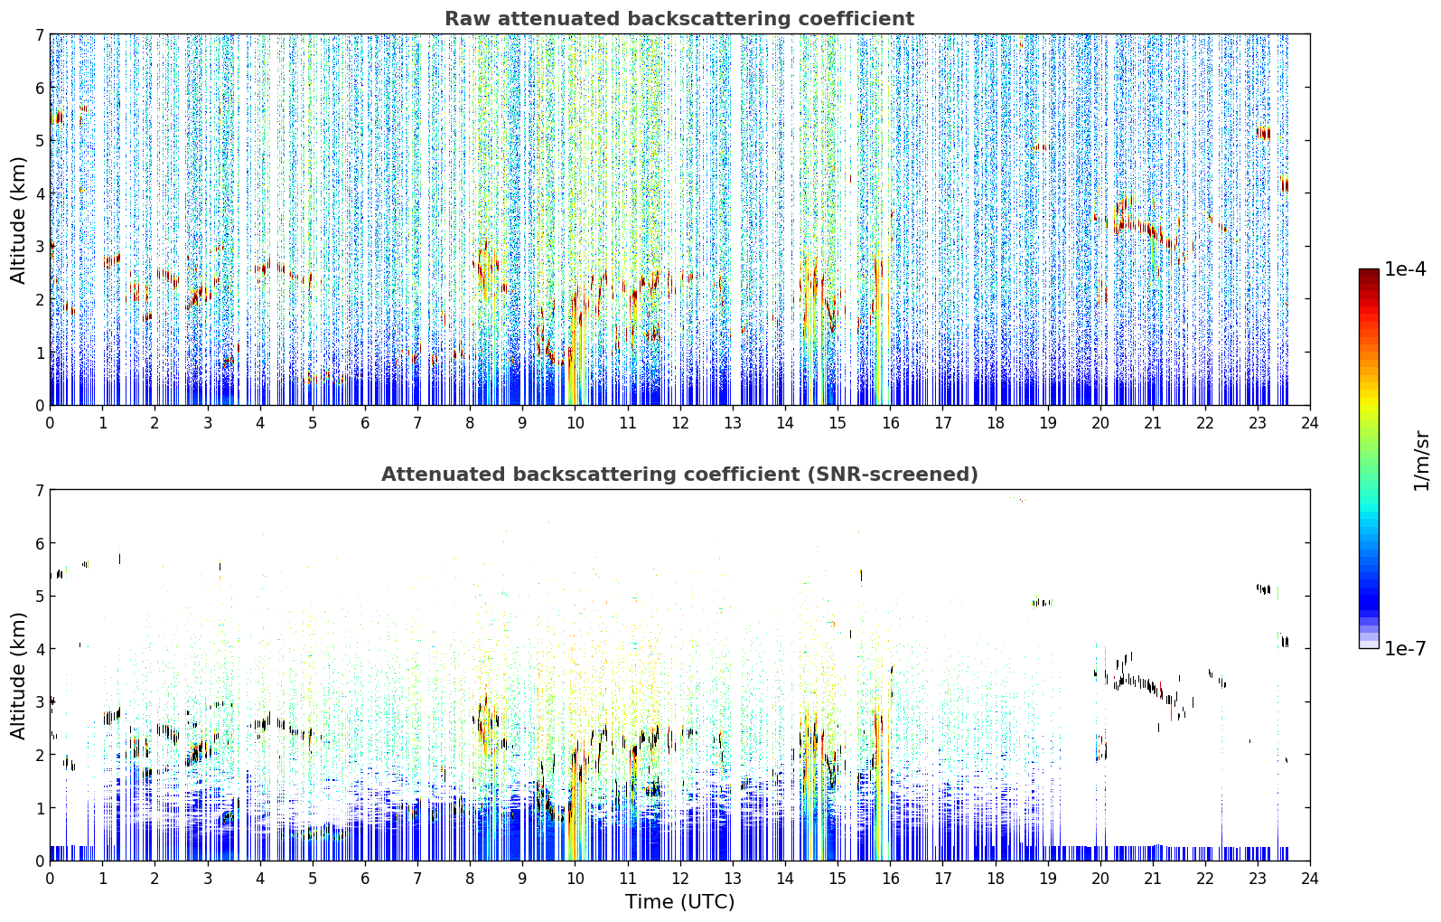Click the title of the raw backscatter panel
point(679,19)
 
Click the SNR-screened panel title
point(679,474)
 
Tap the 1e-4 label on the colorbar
point(1405,269)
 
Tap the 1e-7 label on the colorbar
point(1405,648)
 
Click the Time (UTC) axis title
point(679,901)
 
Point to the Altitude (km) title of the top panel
point(18,221)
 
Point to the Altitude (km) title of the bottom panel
point(18,675)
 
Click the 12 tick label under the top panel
point(680,423)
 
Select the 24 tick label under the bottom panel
point(1310,879)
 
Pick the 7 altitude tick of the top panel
point(39,34)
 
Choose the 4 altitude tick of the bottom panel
point(39,649)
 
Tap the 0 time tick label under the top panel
point(51,423)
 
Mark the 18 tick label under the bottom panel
point(996,879)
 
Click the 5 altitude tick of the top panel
point(39,140)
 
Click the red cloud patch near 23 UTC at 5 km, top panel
point(1263,133)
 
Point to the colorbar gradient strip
point(1369,458)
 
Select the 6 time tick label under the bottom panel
point(365,879)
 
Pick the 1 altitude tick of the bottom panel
point(39,808)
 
